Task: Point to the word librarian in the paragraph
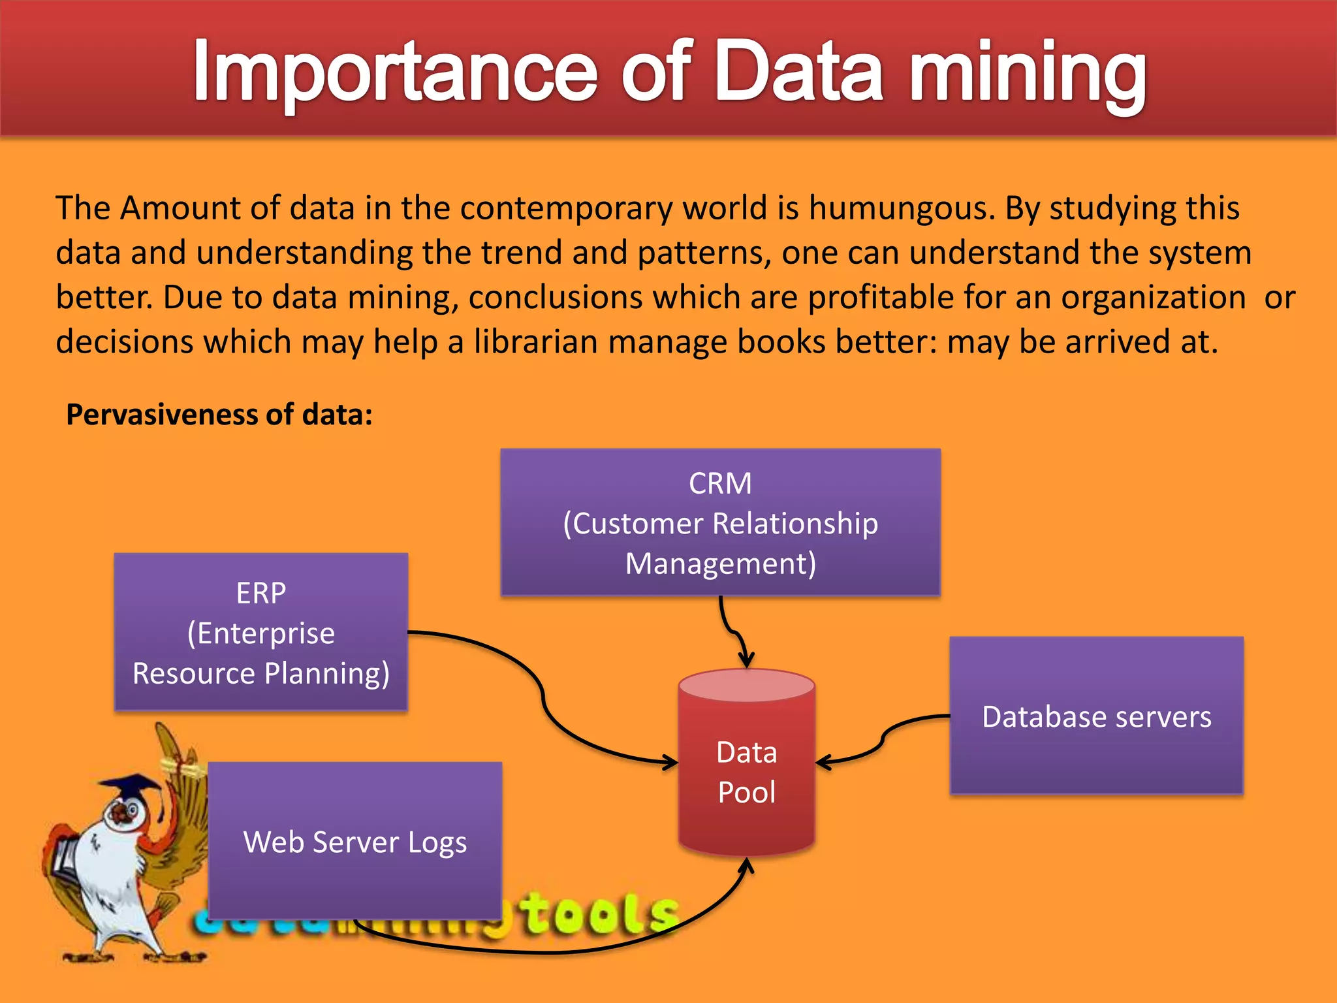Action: coord(535,342)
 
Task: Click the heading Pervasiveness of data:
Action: coord(219,415)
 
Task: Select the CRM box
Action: coord(720,522)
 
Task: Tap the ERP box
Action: coord(260,631)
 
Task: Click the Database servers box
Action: coord(1096,716)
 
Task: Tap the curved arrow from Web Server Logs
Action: coord(555,952)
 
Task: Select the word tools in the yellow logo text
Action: coord(601,914)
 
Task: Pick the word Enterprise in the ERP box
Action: coord(266,633)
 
